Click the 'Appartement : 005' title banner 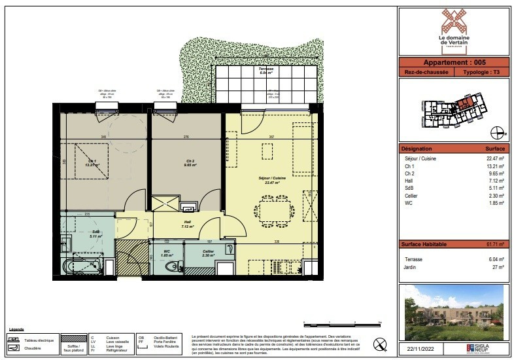[453, 62]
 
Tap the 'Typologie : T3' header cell [481, 72]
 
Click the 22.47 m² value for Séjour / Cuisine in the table [494, 158]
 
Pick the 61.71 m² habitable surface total [494, 244]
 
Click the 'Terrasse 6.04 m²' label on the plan [266, 71]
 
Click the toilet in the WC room [172, 266]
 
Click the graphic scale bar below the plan [342, 322]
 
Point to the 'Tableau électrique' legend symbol [14, 339]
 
